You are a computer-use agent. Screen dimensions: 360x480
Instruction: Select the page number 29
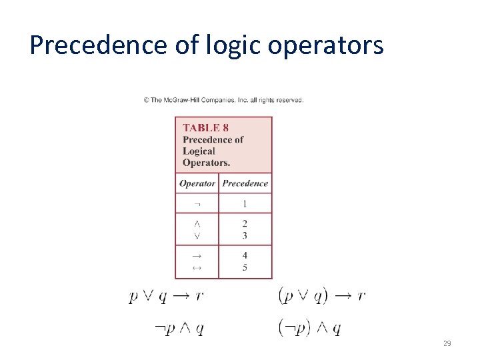(x=447, y=343)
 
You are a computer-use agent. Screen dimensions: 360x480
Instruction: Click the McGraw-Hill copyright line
(x=223, y=100)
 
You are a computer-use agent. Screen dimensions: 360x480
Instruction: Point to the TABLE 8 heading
(x=206, y=127)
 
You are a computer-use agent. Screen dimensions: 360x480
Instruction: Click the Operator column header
(x=197, y=183)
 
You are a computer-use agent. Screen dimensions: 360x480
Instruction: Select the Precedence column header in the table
(x=245, y=183)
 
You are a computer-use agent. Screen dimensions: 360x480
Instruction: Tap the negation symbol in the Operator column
(x=197, y=203)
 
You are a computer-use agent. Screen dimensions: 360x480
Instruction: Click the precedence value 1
(x=245, y=203)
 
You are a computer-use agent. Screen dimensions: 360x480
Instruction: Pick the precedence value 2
(x=245, y=223)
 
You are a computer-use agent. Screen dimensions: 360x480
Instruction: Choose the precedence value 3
(x=245, y=235)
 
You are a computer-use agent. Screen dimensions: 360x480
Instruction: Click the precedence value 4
(x=245, y=255)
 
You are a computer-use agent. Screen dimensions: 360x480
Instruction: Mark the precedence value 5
(x=245, y=267)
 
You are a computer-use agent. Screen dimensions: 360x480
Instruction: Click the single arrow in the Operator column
(x=197, y=255)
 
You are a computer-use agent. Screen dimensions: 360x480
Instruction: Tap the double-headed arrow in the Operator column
(x=197, y=267)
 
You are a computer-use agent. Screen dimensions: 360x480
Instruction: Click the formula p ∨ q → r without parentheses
(x=166, y=296)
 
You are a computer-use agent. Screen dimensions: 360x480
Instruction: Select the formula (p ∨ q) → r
(x=322, y=296)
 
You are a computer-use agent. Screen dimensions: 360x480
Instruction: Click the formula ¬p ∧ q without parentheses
(x=179, y=327)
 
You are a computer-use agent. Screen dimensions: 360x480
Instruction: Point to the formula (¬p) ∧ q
(x=310, y=327)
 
